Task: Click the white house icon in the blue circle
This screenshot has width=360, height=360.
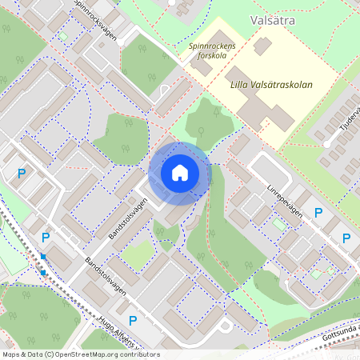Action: click(180, 173)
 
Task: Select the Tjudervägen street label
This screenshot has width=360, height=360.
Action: click(350, 119)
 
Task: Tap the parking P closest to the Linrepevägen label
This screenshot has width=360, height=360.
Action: click(318, 213)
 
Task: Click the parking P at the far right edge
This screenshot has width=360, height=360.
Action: click(346, 238)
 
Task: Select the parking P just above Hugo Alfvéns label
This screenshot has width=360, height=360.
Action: click(133, 321)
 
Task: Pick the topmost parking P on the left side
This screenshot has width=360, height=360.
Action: click(22, 173)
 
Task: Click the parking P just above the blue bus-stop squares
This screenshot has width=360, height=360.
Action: click(46, 237)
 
